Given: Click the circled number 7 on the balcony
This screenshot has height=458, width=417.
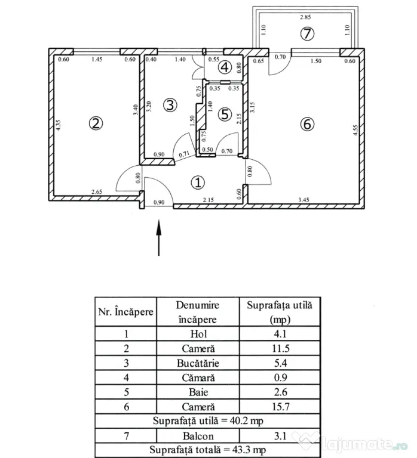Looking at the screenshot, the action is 307,33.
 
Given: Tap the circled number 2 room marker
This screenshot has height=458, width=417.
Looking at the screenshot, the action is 96,123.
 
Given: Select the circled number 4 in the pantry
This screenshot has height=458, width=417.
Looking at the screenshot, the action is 225,67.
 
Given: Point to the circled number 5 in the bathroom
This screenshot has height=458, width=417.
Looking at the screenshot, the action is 225,114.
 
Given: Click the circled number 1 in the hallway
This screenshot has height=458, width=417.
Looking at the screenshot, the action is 198,182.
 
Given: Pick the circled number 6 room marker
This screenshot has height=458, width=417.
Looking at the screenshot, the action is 307,124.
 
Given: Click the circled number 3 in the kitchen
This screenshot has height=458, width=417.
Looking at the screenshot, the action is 170,105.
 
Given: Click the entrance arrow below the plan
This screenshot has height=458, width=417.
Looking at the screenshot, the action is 158,238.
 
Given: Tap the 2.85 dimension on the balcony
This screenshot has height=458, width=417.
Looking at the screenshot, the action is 305,17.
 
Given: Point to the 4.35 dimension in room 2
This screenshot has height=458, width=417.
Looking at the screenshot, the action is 58,125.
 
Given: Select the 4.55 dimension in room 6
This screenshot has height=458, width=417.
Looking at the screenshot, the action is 355,130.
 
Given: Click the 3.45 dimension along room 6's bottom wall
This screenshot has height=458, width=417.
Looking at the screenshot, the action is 303,200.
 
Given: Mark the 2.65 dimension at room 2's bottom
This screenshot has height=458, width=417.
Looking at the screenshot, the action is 97,192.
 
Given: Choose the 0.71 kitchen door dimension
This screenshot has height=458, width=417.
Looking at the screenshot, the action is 184,154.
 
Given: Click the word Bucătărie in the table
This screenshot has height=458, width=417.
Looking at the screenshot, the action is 198,363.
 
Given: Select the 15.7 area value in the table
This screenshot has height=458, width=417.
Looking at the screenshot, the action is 281,407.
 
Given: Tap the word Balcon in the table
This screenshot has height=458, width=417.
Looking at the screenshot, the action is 198,436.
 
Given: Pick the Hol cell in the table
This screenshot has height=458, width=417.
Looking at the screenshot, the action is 198,333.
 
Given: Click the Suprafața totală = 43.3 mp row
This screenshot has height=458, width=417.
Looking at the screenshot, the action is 207,450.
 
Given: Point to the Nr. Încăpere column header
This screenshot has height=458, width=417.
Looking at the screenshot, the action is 126,312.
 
